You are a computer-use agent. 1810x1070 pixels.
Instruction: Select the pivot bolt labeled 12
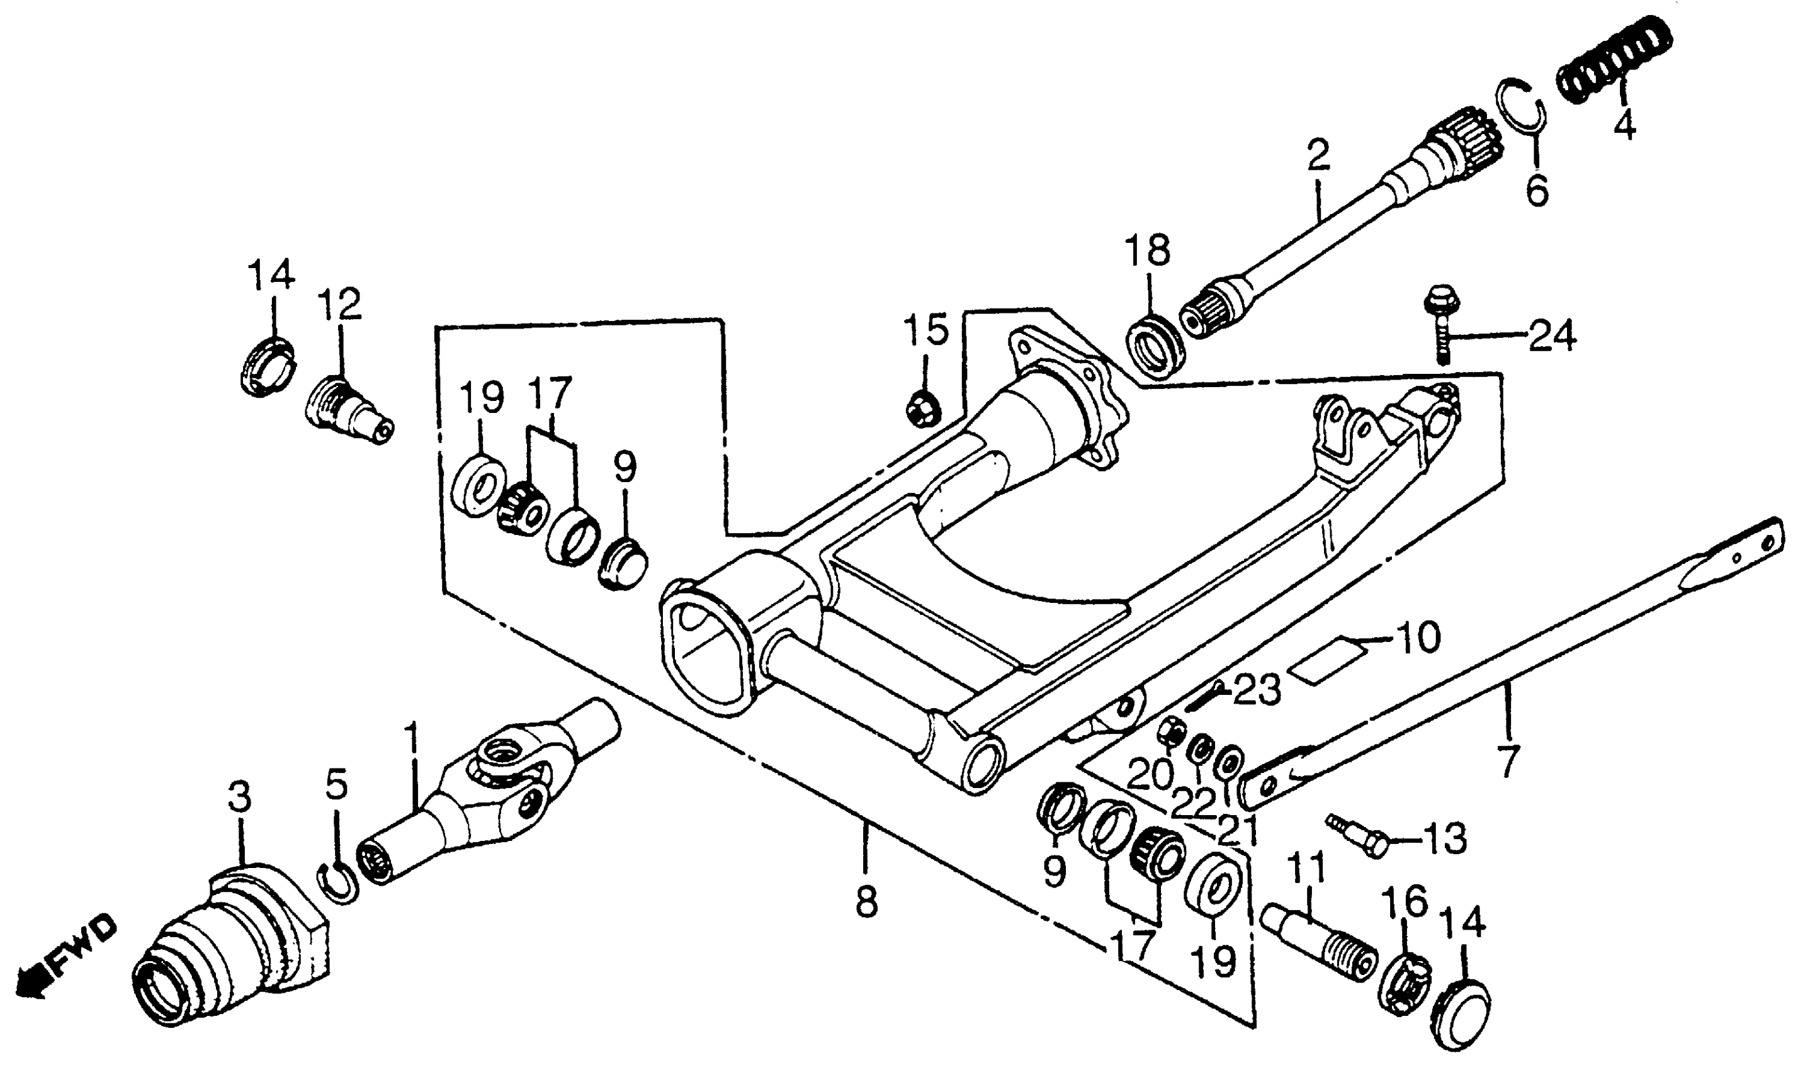(x=348, y=410)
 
